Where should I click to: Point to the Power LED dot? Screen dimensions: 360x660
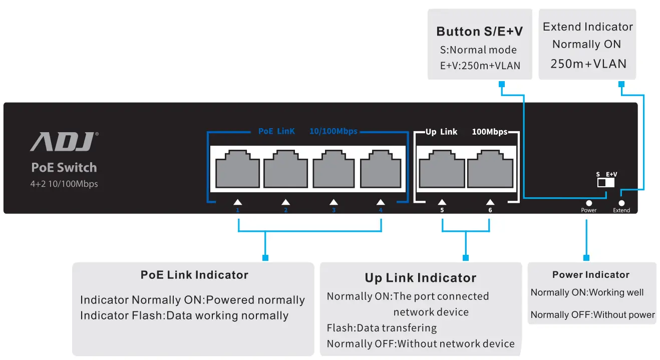coord(589,203)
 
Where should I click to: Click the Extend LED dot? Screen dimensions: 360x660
coord(621,203)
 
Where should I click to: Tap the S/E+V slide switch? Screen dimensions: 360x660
coord(606,183)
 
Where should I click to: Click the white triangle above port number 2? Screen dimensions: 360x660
coord(285,202)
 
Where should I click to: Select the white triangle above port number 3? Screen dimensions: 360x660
coord(334,202)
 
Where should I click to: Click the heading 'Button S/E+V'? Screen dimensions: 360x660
coord(479,32)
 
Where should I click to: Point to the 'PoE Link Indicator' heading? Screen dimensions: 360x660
coord(194,275)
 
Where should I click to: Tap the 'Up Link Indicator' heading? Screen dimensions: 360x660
coord(420,278)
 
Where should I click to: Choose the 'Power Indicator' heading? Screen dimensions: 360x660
coord(591,274)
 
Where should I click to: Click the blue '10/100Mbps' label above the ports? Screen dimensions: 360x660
coord(333,131)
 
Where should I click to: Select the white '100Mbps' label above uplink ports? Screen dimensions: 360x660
coord(489,132)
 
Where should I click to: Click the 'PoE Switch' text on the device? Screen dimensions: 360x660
coord(64,168)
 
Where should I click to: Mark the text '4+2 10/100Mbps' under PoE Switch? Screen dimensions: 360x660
coord(64,184)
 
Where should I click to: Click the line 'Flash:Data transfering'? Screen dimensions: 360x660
coord(382,328)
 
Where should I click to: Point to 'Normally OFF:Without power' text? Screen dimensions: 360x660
coord(592,315)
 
